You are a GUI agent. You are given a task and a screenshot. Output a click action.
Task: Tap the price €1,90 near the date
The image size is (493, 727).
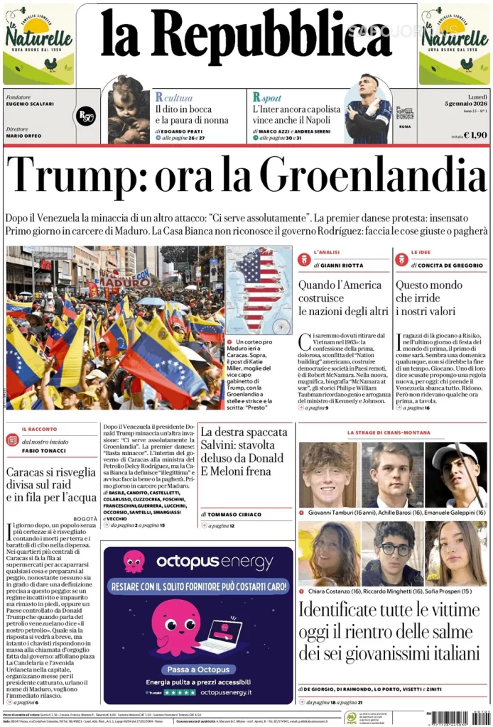pyautogui.click(x=475, y=134)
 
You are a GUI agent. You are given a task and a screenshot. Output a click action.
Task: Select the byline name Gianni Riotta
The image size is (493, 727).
pyautogui.click(x=341, y=265)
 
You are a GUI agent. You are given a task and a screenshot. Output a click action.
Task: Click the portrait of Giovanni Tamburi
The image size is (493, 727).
pyautogui.click(x=327, y=474)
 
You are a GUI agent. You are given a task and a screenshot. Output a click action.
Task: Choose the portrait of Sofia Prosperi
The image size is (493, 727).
pyautogui.click(x=456, y=553)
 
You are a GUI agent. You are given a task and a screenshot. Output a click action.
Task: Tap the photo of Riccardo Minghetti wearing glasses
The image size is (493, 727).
pyautogui.click(x=392, y=553)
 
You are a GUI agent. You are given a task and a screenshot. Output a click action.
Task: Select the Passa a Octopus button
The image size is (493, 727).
pyautogui.click(x=198, y=669)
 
